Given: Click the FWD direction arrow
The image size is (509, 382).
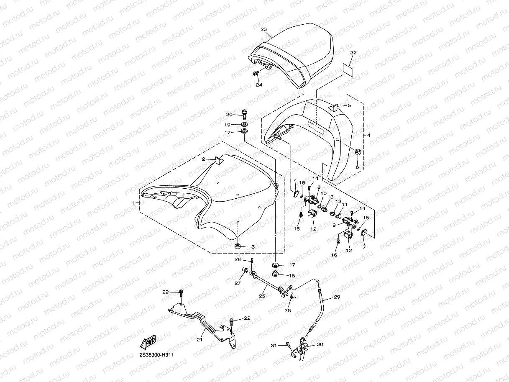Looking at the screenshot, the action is pyautogui.click(x=149, y=342).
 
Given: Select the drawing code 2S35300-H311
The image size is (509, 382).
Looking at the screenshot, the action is pyautogui.click(x=157, y=355).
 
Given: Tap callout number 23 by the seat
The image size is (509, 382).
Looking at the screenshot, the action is pyautogui.click(x=263, y=29).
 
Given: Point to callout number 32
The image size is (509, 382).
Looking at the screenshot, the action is pyautogui.click(x=353, y=53).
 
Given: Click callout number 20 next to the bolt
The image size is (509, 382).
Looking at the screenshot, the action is pyautogui.click(x=229, y=114).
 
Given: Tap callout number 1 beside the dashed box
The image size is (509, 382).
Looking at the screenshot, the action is pyautogui.click(x=133, y=203).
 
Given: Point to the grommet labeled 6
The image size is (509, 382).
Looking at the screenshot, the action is pyautogui.click(x=358, y=151).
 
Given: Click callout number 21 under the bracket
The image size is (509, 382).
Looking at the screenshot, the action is pyautogui.click(x=200, y=339).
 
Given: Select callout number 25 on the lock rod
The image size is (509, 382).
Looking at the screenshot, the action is pyautogui.click(x=262, y=296).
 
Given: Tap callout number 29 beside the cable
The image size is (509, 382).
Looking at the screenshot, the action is pyautogui.click(x=337, y=297).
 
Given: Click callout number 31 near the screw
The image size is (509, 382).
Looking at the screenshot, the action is pyautogui.click(x=274, y=345).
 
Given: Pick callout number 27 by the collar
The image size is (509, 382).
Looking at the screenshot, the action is pyautogui.click(x=238, y=283).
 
